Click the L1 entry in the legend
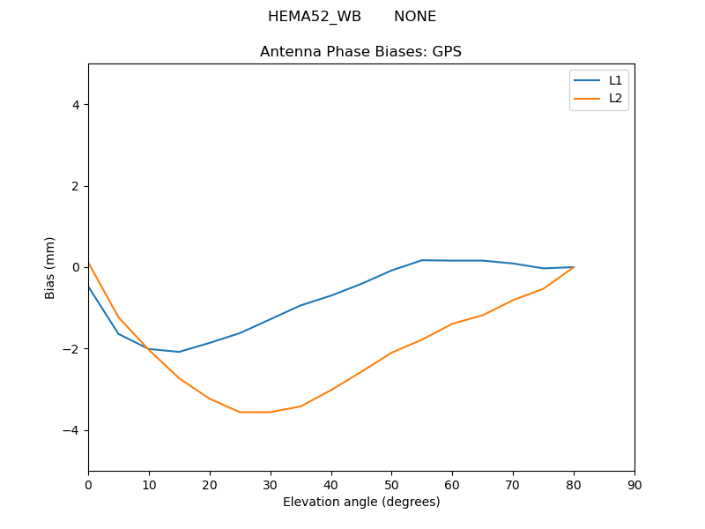[x=615, y=80]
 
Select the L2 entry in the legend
[x=615, y=98]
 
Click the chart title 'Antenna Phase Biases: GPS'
[x=360, y=52]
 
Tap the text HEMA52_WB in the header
[x=315, y=17]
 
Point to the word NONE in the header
[x=414, y=17]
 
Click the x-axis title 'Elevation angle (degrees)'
[x=361, y=503]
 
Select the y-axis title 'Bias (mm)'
[x=50, y=267]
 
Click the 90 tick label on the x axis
[x=634, y=485]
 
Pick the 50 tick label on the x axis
[x=391, y=485]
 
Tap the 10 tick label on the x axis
[x=149, y=485]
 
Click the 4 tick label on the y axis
[x=76, y=105]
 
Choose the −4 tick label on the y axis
[x=72, y=430]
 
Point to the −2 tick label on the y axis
[x=72, y=349]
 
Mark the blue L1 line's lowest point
[x=179, y=352]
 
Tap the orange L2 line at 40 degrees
[x=331, y=390]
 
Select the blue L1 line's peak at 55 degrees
[x=422, y=260]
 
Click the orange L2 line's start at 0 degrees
[x=89, y=263]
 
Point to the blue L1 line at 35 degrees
[x=301, y=305]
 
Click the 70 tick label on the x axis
[x=513, y=485]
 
